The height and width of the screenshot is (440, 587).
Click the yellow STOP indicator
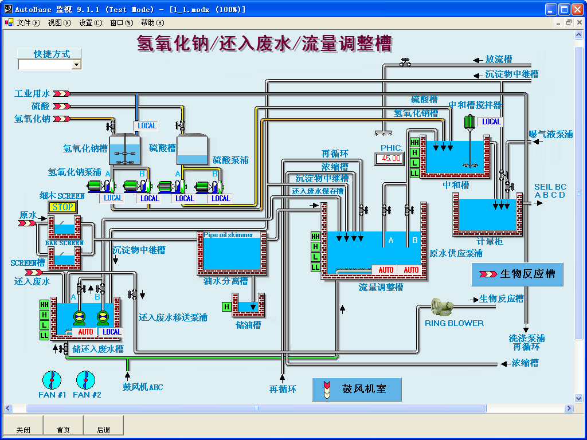63,207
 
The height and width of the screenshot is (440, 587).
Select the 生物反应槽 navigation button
517,274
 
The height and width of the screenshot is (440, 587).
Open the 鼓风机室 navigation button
357,389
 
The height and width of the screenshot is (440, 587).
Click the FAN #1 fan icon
52,379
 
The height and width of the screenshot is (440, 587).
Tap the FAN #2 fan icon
85,379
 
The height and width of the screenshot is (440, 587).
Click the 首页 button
63,430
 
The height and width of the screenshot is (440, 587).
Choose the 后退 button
103,430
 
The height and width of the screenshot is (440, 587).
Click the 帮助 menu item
151,23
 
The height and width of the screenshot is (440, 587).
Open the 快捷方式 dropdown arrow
76,65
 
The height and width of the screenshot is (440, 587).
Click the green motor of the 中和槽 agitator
469,122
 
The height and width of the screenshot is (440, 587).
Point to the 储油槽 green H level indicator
226,307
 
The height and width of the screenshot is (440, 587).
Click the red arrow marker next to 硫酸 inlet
61,106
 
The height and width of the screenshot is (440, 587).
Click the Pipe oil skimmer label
228,235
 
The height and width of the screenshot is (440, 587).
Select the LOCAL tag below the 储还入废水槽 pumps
112,332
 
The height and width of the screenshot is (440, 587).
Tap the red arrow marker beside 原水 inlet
26,223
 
